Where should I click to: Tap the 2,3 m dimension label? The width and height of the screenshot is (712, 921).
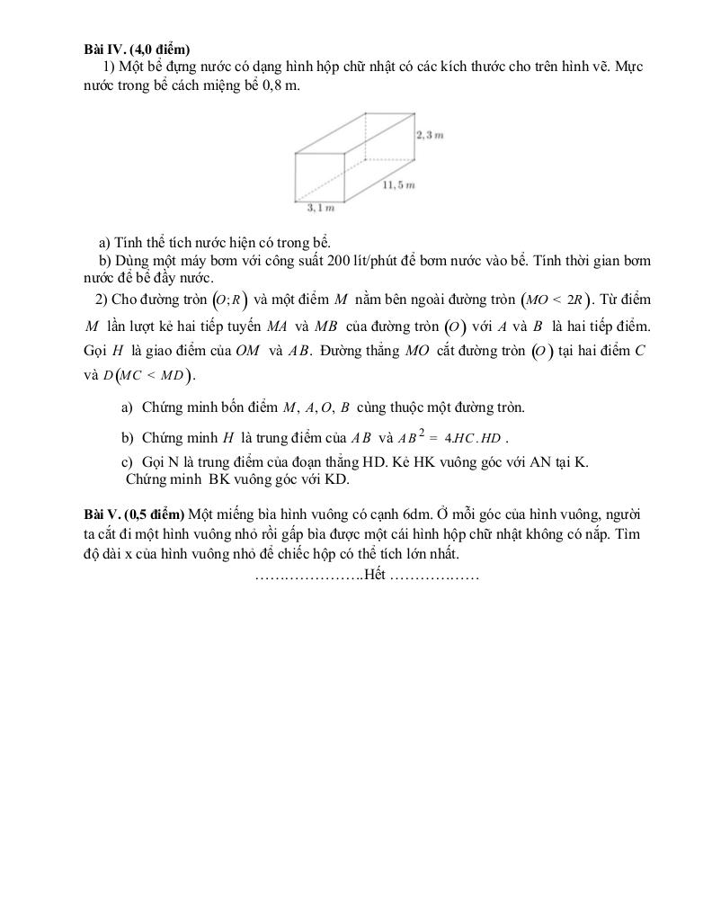(431, 135)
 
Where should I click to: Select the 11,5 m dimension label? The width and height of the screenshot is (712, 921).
(398, 185)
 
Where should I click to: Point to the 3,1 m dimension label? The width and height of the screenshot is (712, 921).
(320, 209)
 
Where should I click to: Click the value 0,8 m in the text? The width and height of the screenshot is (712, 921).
(278, 86)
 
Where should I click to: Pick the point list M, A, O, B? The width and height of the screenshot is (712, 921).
(316, 408)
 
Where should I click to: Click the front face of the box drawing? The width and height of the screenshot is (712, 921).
(321, 176)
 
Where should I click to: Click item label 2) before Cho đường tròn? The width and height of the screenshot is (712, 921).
(102, 300)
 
